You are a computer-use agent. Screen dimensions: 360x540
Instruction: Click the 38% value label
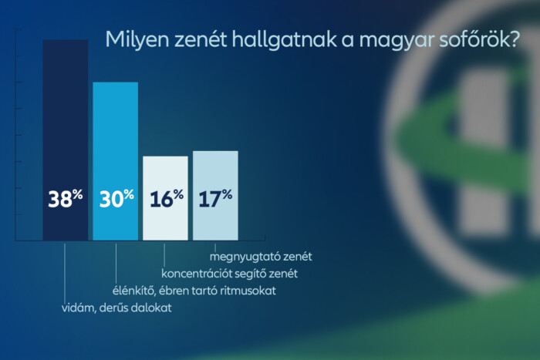pos(66,199)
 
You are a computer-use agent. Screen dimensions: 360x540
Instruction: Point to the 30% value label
pos(116,199)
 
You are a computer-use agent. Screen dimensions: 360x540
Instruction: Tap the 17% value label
pos(215,199)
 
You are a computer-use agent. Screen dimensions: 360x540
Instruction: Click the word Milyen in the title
pos(131,39)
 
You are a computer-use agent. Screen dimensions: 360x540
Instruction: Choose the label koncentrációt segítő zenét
pos(229,273)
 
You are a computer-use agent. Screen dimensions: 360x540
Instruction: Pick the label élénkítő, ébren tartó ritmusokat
pos(189,291)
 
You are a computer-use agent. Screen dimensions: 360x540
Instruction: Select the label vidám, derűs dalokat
pos(116,308)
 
